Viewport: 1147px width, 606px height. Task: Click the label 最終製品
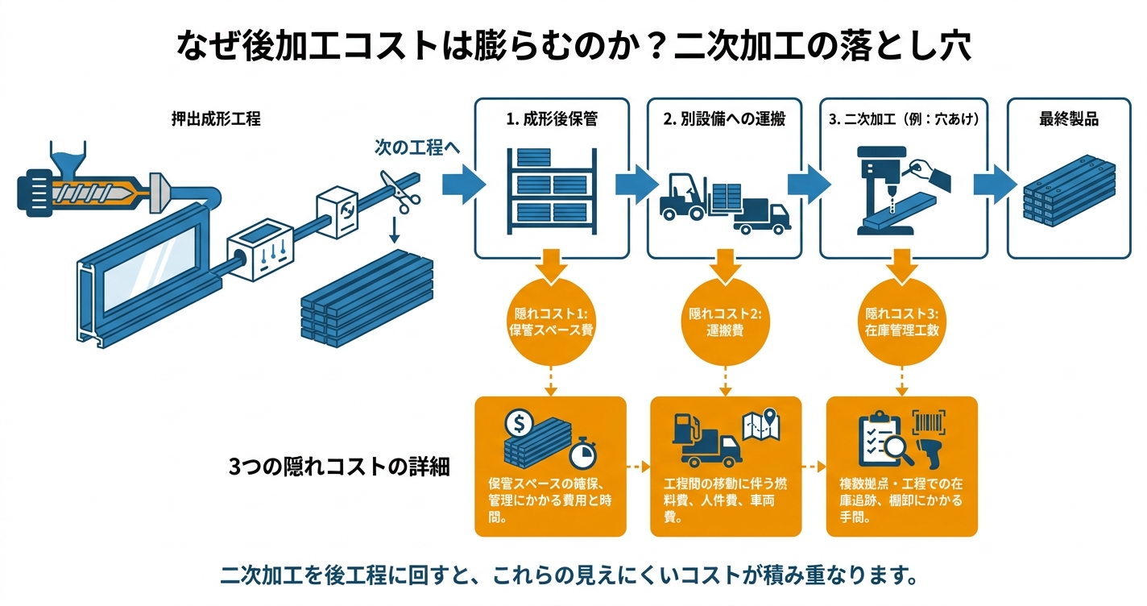pos(1069,119)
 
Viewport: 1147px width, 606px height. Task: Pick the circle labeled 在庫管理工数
pos(901,322)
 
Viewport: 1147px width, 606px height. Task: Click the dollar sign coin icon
pos(519,422)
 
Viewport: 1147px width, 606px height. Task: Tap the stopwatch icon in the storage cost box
pos(582,454)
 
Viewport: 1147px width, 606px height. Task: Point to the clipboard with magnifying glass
pos(884,438)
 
